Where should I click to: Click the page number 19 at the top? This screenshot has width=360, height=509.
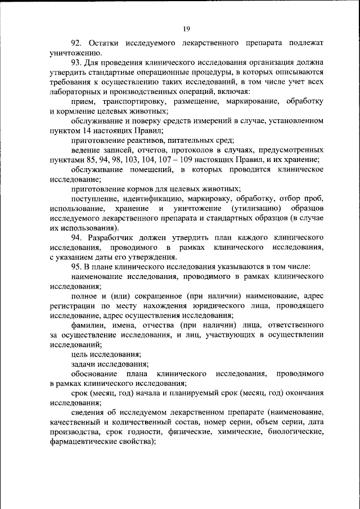(186, 29)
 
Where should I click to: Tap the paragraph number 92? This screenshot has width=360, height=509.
(77, 43)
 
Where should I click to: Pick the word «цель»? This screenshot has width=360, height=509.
(80, 355)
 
